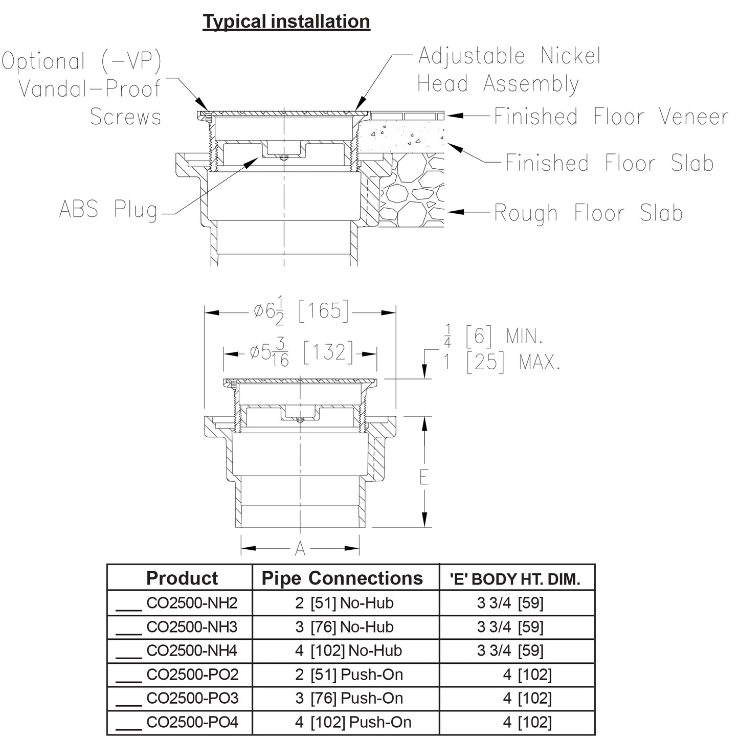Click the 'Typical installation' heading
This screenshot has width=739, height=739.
pos(286,21)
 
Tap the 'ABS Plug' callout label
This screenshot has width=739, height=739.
pos(108,210)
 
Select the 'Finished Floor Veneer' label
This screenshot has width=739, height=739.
pos(611,117)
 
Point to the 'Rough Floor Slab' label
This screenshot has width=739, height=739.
pos(588,213)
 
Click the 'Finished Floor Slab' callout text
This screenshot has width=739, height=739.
pos(609,163)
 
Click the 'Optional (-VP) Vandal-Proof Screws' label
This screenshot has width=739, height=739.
pos(82,89)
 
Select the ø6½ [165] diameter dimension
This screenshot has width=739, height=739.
pos(301,311)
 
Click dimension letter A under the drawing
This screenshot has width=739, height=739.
pos(300,549)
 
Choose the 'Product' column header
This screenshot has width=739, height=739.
pos(182,578)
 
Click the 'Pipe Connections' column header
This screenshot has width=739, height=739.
pos(342,578)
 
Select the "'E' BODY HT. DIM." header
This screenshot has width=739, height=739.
pos(515,579)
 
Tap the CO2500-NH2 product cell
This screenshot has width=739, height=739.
pos(192,603)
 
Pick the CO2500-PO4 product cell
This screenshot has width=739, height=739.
pos(192,722)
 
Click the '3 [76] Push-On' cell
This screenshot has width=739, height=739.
pos(349,698)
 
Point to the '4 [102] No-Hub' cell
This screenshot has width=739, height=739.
pos(349,651)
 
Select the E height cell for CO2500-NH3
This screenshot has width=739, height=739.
pos(510,627)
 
